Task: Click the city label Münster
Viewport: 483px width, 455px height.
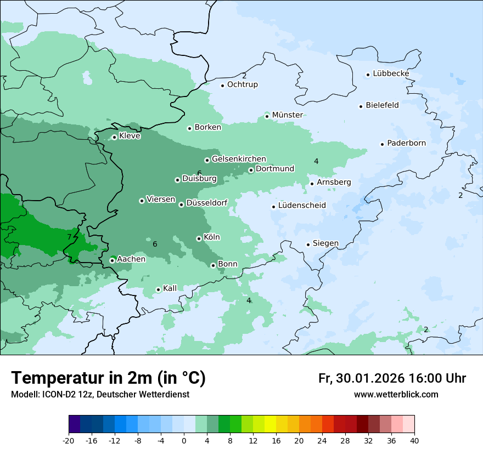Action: (x=287, y=115)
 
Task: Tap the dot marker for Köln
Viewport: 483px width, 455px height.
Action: (x=199, y=238)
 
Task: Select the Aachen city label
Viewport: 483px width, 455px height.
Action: (x=131, y=259)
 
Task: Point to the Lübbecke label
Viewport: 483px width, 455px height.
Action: (x=391, y=73)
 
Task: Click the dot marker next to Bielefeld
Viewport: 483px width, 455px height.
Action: (x=361, y=106)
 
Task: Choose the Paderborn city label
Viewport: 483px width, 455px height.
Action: (x=406, y=143)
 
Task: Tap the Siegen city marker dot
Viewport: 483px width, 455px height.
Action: (x=308, y=244)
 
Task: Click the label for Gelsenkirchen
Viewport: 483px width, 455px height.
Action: (x=239, y=159)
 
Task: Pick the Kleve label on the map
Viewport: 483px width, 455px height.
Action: (x=130, y=135)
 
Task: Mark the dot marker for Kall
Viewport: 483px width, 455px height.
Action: (x=158, y=289)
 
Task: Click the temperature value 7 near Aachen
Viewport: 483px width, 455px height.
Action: (x=69, y=237)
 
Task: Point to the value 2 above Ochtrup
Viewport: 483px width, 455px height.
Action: (x=244, y=76)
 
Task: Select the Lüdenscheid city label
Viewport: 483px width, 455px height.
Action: (x=302, y=206)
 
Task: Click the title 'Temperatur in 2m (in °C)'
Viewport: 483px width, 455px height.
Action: (x=108, y=378)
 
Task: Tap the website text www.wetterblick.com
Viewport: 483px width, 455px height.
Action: (x=396, y=395)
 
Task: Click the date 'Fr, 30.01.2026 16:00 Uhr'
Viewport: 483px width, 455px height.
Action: (x=392, y=378)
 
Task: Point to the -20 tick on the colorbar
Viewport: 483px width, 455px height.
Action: (x=69, y=441)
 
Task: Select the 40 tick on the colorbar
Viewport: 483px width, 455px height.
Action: (x=414, y=441)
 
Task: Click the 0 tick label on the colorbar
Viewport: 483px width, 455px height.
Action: (x=184, y=441)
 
